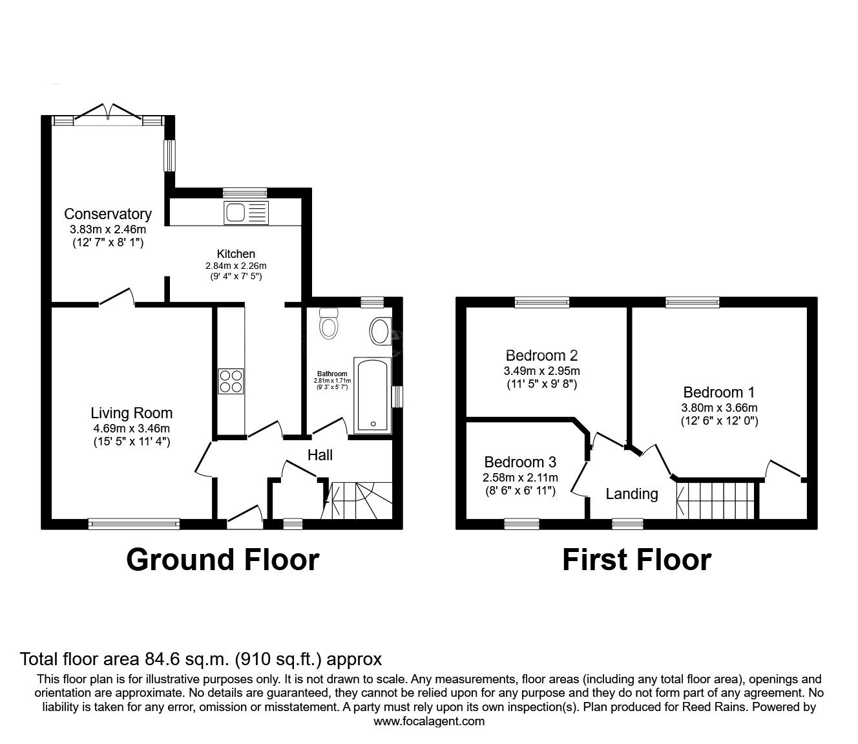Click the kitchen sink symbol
pos(245,212)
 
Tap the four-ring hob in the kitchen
pos(231,380)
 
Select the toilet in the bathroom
pos(330,324)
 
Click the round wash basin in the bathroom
pos(380,332)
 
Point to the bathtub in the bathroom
pos(371,394)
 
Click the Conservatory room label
pos(107,214)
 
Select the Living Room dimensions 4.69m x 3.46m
pos(131,428)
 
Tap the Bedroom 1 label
pos(718,392)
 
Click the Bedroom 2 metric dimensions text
pos(541,371)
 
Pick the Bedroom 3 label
pos(520,462)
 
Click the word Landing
pos(631,494)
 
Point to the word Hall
pos(320,455)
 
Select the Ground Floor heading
pos(222,560)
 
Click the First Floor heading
pos(636,560)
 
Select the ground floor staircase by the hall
pos(359,500)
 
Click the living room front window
pos(134,524)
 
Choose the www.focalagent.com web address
pos(429,721)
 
